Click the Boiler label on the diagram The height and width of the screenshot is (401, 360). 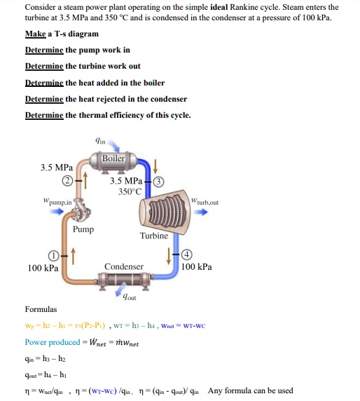[113, 158]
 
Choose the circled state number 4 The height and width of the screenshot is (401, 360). [187, 254]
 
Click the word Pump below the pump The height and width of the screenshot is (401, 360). [83, 229]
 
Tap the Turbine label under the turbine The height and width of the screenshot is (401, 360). [153, 236]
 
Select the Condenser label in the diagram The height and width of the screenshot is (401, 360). [123, 267]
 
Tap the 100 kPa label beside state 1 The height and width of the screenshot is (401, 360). [43, 267]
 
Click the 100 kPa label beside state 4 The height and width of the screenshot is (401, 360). [196, 267]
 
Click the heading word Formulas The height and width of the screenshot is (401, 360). [41, 309]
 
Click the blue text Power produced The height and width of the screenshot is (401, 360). [53, 342]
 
